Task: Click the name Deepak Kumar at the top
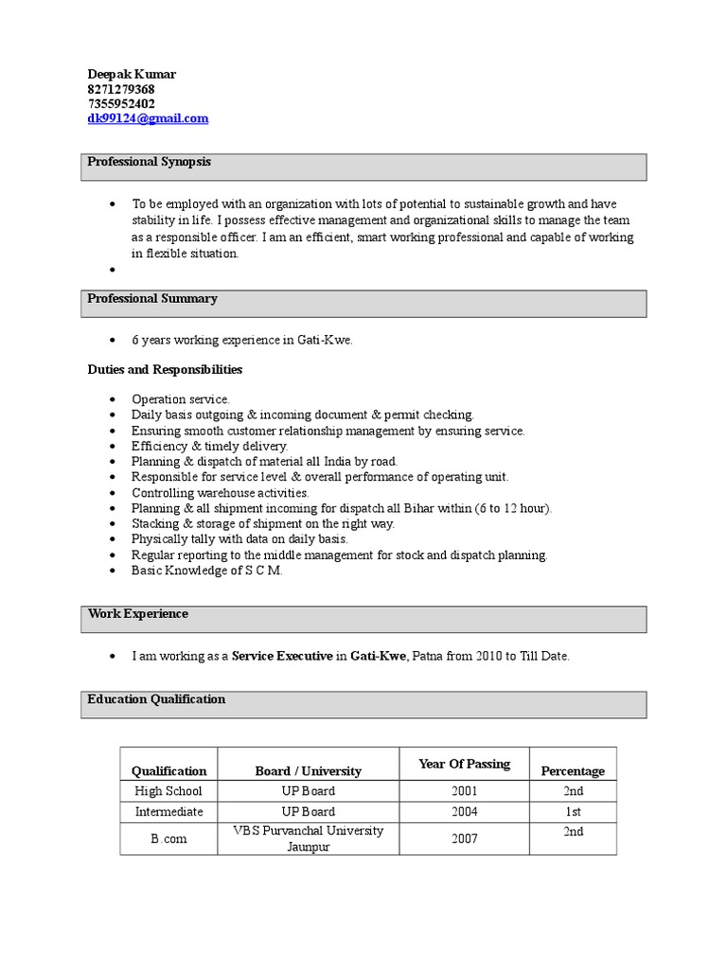tap(132, 74)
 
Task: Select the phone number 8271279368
tap(121, 89)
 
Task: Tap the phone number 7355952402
tap(121, 103)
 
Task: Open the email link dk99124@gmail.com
tap(148, 118)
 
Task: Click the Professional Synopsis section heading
tap(149, 162)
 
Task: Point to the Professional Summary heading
tap(152, 298)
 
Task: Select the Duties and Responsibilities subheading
tap(165, 369)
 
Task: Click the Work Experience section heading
tap(137, 613)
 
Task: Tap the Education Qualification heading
tap(156, 699)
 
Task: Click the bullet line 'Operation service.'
tap(180, 399)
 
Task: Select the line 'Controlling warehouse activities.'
tap(220, 493)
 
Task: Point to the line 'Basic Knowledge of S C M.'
tap(207, 571)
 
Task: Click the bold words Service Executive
tap(282, 655)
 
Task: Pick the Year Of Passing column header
tap(464, 764)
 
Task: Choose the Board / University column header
tap(308, 771)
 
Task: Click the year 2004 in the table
tap(465, 812)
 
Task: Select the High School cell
tap(168, 791)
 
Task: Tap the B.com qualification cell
tap(168, 838)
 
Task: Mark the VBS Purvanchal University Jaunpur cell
tap(308, 838)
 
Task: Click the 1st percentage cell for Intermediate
tap(573, 812)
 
